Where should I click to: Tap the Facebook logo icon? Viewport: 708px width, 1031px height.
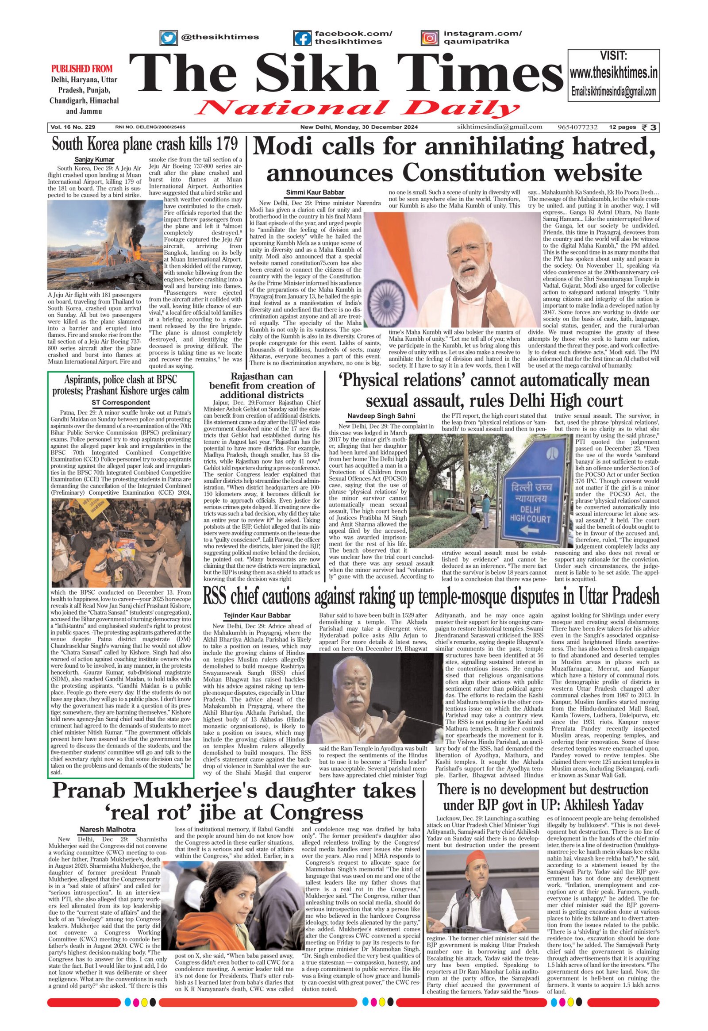pyautogui.click(x=303, y=38)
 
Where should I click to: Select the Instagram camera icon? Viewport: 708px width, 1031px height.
pyautogui.click(x=429, y=38)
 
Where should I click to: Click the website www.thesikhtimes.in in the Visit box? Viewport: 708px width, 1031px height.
pyautogui.click(x=613, y=73)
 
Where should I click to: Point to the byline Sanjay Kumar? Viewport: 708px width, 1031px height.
pyautogui.click(x=94, y=160)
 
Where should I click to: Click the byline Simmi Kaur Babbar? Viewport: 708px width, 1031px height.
pyautogui.click(x=315, y=192)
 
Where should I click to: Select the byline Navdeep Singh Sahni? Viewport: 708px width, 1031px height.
pyautogui.click(x=381, y=415)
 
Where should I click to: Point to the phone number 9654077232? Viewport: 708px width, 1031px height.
pyautogui.click(x=577, y=127)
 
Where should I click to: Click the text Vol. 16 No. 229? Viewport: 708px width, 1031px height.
pyautogui.click(x=73, y=127)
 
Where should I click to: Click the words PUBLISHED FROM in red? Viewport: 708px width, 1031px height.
pyautogui.click(x=81, y=69)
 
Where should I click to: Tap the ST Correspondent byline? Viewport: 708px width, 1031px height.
pyautogui.click(x=121, y=403)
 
